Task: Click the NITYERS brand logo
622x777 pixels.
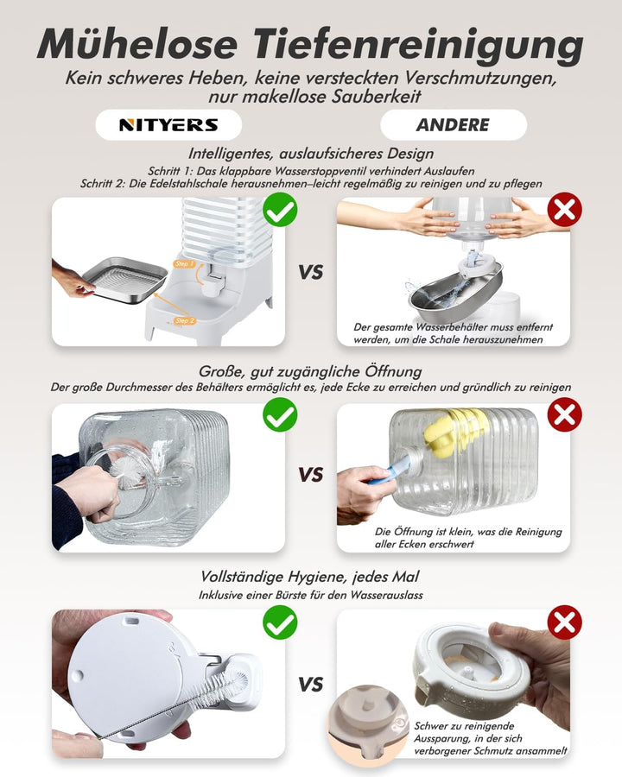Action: (x=168, y=125)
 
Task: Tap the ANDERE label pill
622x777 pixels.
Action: (x=453, y=125)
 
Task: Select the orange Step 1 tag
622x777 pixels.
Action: (x=185, y=264)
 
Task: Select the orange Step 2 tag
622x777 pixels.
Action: (x=185, y=320)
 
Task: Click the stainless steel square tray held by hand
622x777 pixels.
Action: (x=124, y=280)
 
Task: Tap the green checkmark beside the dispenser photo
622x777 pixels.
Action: (x=280, y=210)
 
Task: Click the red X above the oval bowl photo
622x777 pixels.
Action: (x=564, y=210)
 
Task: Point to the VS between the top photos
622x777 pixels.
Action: (x=311, y=272)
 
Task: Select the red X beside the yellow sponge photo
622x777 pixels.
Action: (x=564, y=414)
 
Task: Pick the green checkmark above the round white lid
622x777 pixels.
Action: (x=280, y=622)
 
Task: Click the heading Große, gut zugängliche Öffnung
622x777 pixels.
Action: (x=310, y=371)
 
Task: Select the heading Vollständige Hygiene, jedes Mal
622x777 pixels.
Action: (x=310, y=577)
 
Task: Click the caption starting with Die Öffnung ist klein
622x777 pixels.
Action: (x=468, y=538)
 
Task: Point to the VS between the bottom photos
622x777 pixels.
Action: (x=311, y=685)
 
